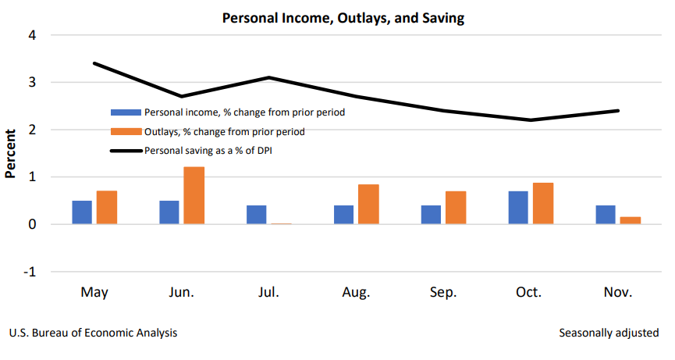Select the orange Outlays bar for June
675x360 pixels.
tap(194, 196)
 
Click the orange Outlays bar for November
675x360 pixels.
tap(631, 220)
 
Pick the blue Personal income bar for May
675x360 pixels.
tap(82, 212)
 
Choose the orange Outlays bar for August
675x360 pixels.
tap(368, 205)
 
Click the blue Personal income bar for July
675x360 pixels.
tap(256, 215)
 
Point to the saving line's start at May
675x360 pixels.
tap(94, 63)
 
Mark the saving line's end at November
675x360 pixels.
tap(618, 111)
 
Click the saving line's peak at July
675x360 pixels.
tap(268, 77)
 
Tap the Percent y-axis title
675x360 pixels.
tap(11, 154)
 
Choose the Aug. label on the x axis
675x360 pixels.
tap(356, 293)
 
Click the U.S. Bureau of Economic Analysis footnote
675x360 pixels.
tap(93, 333)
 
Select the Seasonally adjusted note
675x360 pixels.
tap(609, 333)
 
